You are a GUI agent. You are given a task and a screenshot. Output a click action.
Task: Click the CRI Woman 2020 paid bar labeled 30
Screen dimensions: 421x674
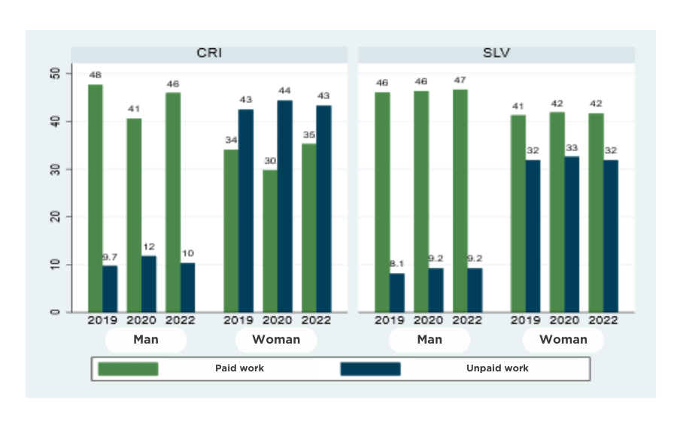pyautogui.click(x=269, y=241)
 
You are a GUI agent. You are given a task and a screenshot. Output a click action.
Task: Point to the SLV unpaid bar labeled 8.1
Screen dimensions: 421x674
pyautogui.click(x=397, y=292)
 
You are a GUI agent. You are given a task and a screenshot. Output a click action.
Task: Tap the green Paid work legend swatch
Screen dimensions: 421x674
pyautogui.click(x=128, y=368)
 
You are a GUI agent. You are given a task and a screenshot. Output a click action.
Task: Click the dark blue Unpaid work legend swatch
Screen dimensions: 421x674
pyautogui.click(x=370, y=368)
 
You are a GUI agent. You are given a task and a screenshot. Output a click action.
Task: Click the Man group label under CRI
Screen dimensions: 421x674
pyautogui.click(x=145, y=339)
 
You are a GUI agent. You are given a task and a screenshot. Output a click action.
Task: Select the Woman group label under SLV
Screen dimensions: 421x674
pyautogui.click(x=563, y=339)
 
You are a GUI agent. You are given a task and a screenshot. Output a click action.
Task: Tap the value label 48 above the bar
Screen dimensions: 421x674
pyautogui.click(x=96, y=74)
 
